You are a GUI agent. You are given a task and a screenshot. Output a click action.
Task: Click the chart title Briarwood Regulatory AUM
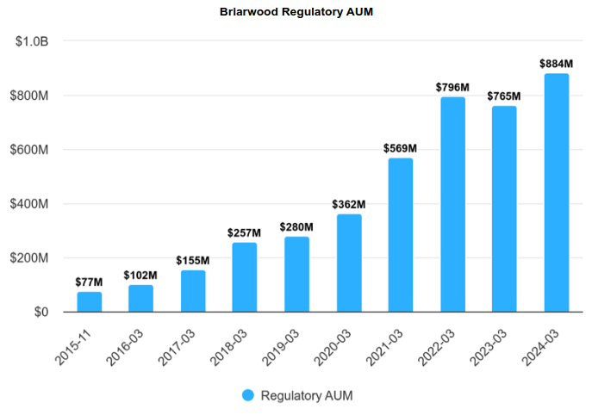pos(296,13)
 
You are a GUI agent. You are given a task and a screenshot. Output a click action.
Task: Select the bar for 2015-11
pos(90,301)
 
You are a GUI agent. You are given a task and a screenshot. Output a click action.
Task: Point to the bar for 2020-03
pos(349,263)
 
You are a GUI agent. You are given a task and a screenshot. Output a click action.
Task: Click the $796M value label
pos(452,88)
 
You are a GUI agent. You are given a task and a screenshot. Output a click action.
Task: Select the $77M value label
pos(90,282)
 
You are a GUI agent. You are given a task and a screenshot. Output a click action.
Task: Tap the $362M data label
pos(349,205)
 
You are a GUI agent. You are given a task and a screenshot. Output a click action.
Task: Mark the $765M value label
pos(504,96)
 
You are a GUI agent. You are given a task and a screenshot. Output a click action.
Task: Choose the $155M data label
pos(193,261)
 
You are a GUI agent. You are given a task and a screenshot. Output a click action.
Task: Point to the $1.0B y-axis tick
pos(32,42)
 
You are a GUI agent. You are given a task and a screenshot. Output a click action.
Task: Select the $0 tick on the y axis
pos(40,312)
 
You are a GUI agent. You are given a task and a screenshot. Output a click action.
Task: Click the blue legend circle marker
pos(248,395)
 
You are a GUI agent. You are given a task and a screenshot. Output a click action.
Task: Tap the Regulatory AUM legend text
pos(306,395)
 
